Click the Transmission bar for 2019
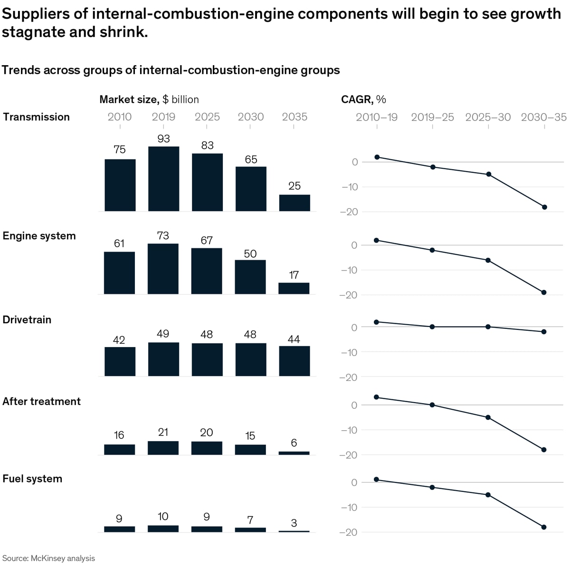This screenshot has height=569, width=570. pyautogui.click(x=163, y=179)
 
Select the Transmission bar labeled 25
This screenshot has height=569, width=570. pyautogui.click(x=294, y=203)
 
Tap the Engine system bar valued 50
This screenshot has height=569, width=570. pyautogui.click(x=250, y=277)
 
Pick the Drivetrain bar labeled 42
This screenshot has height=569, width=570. pyautogui.click(x=120, y=362)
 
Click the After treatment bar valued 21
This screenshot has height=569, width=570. pyautogui.click(x=163, y=448)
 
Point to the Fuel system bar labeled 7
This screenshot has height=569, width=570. pyautogui.click(x=250, y=530)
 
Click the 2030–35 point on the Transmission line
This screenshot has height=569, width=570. pyautogui.click(x=544, y=207)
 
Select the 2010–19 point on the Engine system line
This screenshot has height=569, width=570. pyautogui.click(x=376, y=240)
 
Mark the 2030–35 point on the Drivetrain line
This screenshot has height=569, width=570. pyautogui.click(x=544, y=332)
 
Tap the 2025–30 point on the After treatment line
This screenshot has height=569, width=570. pyautogui.click(x=488, y=417)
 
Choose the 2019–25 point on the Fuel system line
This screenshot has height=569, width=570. pyautogui.click(x=432, y=487)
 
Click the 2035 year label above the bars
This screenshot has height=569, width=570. pyautogui.click(x=294, y=117)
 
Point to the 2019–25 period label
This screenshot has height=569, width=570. pyautogui.click(x=432, y=117)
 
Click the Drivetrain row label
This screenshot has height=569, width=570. pyautogui.click(x=27, y=319)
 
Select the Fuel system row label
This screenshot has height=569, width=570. pyautogui.click(x=32, y=479)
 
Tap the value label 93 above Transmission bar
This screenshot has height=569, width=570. pyautogui.click(x=163, y=139)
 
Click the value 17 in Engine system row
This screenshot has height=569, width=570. pyautogui.click(x=294, y=275)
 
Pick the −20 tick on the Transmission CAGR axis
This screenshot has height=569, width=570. pyautogui.click(x=349, y=212)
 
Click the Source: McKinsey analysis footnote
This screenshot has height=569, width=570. pyautogui.click(x=48, y=558)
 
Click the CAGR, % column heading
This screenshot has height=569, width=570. pyautogui.click(x=363, y=99)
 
